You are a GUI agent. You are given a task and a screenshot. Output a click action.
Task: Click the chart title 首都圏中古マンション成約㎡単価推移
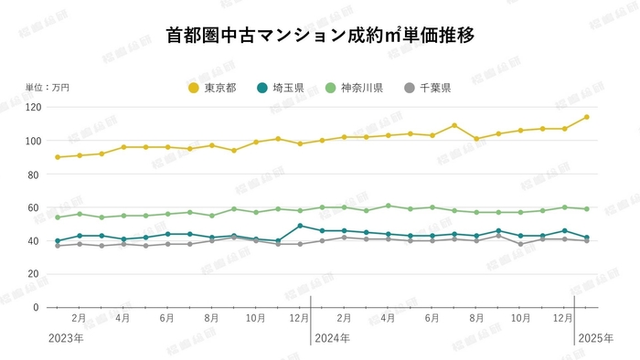click(x=320, y=36)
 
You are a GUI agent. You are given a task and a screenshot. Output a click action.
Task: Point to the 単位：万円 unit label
click(x=48, y=88)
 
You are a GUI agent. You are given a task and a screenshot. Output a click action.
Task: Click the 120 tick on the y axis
click(x=33, y=108)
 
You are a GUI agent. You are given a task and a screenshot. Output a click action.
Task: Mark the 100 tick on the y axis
click(x=33, y=141)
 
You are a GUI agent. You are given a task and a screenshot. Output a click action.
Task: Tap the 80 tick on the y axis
click(x=35, y=175)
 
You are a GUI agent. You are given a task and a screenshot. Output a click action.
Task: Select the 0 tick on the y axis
click(x=37, y=307)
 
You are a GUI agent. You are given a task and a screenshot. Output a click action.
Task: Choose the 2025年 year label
click(x=595, y=338)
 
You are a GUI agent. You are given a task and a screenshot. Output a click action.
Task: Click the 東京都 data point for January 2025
click(x=586, y=117)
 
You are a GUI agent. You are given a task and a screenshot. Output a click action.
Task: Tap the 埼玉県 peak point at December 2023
click(x=300, y=226)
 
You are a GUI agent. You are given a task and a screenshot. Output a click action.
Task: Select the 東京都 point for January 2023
click(x=58, y=157)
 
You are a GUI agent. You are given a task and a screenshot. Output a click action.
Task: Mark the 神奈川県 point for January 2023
click(x=58, y=217)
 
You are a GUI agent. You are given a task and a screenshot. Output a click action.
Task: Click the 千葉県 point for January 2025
click(x=586, y=240)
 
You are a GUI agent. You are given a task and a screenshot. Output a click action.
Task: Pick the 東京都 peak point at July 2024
click(x=454, y=125)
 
